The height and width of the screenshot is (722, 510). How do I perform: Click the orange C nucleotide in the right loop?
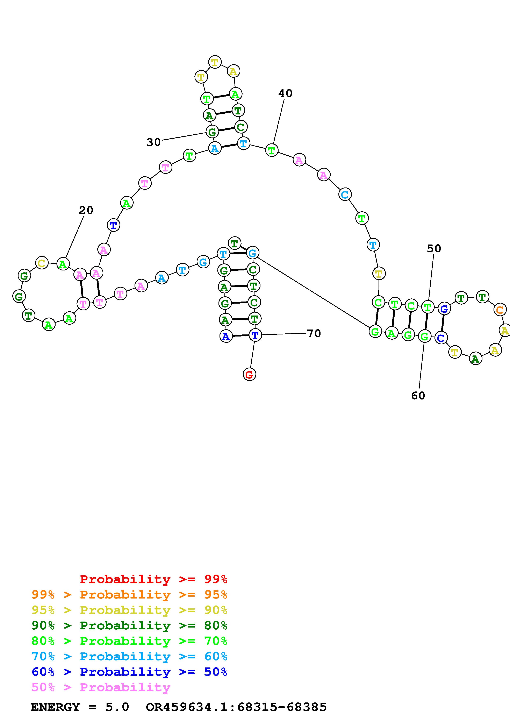(x=500, y=310)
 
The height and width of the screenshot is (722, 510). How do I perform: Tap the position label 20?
(x=86, y=210)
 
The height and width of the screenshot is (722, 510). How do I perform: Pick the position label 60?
(x=418, y=396)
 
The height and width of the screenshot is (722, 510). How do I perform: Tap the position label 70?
(x=314, y=333)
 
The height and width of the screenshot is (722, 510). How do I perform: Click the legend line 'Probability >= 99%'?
(x=154, y=579)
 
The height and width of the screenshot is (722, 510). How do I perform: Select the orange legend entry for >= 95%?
(x=129, y=595)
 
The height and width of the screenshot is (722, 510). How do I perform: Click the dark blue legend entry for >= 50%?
(x=129, y=672)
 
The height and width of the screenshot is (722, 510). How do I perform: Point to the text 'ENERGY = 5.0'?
(x=80, y=707)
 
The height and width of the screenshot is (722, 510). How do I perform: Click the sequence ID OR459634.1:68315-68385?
(x=236, y=707)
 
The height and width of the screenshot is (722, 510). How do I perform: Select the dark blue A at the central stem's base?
(x=226, y=337)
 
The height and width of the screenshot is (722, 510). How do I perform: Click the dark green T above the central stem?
(x=234, y=243)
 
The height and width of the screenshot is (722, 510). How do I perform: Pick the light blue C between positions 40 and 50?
(x=345, y=195)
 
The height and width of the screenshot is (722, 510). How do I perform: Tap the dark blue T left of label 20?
(x=113, y=225)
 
